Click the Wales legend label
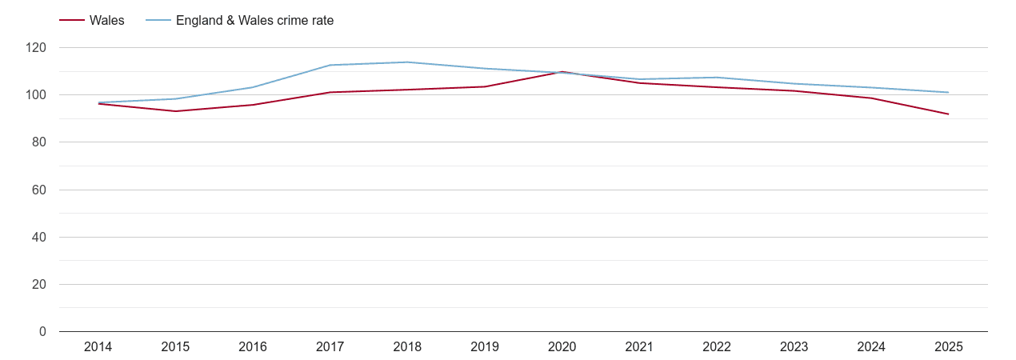(x=106, y=21)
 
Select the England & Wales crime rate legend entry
(x=254, y=21)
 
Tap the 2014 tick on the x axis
(x=98, y=346)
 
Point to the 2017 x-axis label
(x=330, y=346)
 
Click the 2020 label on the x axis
(x=562, y=346)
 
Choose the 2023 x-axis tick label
(x=794, y=346)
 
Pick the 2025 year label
(x=948, y=346)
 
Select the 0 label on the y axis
(x=42, y=332)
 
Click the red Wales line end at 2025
(x=948, y=114)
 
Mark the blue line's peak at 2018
(x=407, y=62)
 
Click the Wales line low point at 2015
(x=175, y=111)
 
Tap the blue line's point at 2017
(x=330, y=65)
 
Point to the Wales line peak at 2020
(x=562, y=72)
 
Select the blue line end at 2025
(x=948, y=93)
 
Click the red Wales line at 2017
(x=330, y=92)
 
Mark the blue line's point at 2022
(x=716, y=78)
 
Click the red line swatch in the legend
(x=72, y=21)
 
